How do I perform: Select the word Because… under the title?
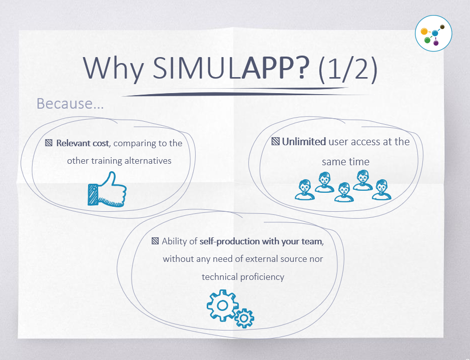click(70, 104)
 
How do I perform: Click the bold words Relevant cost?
click(82, 143)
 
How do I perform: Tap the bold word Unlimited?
click(303, 142)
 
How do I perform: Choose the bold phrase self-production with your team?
click(261, 241)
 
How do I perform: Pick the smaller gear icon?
click(245, 317)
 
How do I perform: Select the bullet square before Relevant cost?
click(49, 143)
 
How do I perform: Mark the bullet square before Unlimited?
click(275, 142)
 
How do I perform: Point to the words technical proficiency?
click(243, 277)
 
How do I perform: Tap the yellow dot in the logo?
click(424, 32)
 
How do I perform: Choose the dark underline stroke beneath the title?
click(235, 92)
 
